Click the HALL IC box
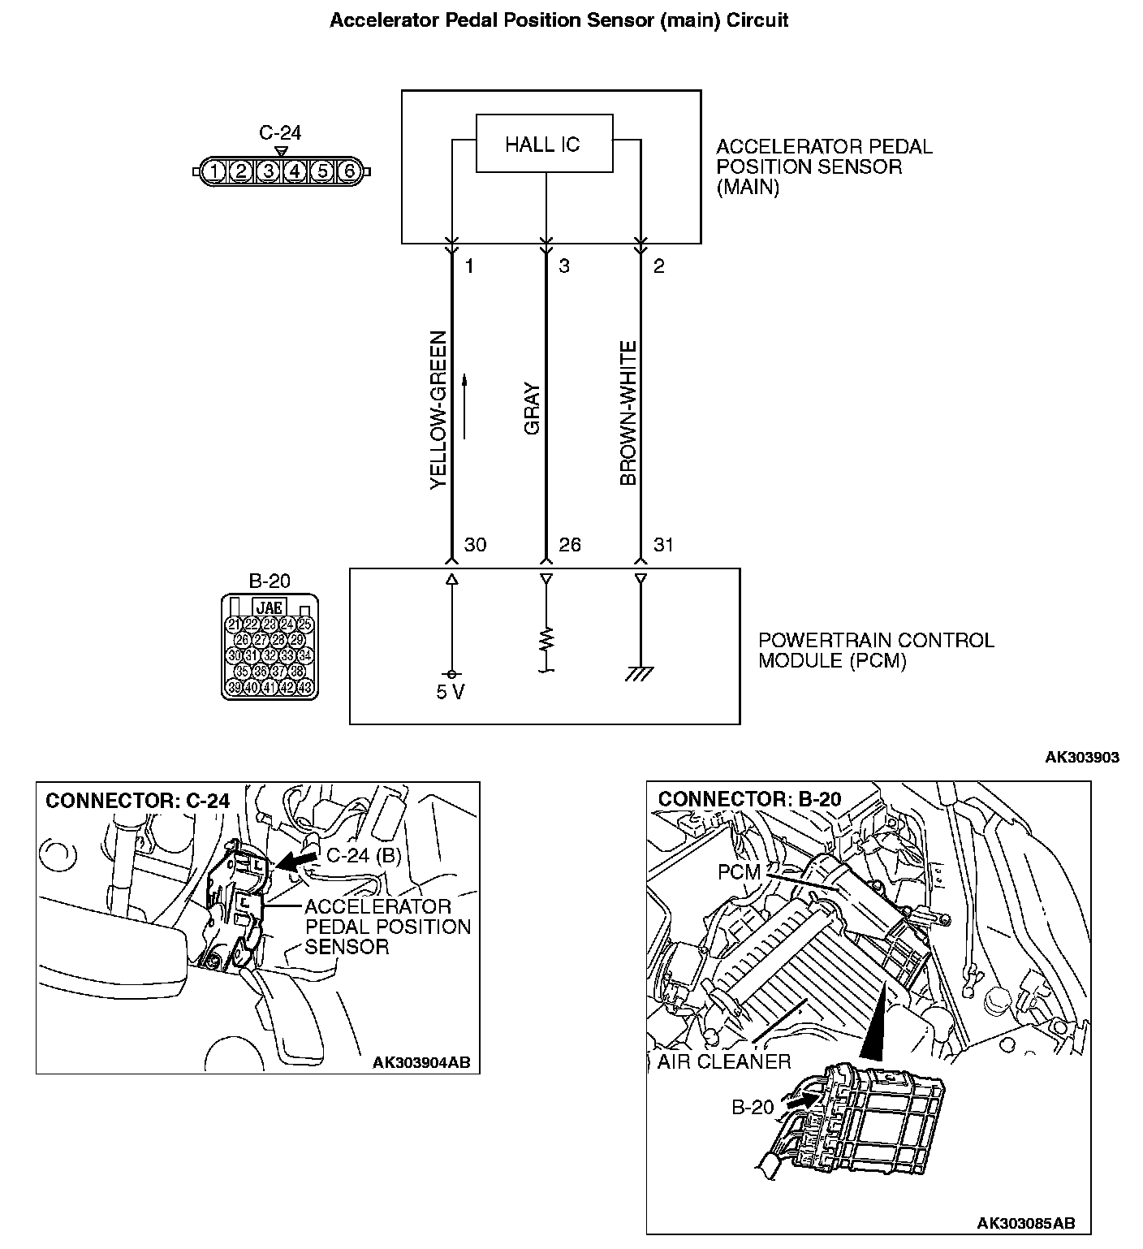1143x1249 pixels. [x=543, y=145]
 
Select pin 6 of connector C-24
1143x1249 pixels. [x=349, y=171]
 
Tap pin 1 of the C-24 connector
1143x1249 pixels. [x=213, y=171]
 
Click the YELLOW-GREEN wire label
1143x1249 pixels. [x=438, y=409]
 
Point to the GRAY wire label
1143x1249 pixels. [x=532, y=408]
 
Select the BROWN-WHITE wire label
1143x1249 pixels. [x=628, y=413]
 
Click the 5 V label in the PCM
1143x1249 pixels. [x=450, y=693]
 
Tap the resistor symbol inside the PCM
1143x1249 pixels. [x=546, y=639]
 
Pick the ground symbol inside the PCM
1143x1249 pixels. [x=641, y=673]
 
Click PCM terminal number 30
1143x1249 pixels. [x=475, y=545]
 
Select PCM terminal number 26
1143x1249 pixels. [x=570, y=545]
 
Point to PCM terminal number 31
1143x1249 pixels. [x=663, y=545]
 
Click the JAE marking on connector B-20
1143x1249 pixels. [x=270, y=607]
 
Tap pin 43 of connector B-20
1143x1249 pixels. [x=305, y=687]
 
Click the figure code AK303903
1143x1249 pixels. [x=1081, y=757]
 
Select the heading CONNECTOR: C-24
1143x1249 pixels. [x=138, y=801]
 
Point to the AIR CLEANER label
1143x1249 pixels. [x=724, y=1061]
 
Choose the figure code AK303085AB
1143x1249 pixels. [x=1026, y=1223]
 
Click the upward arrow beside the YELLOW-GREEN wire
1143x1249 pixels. [x=465, y=406]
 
